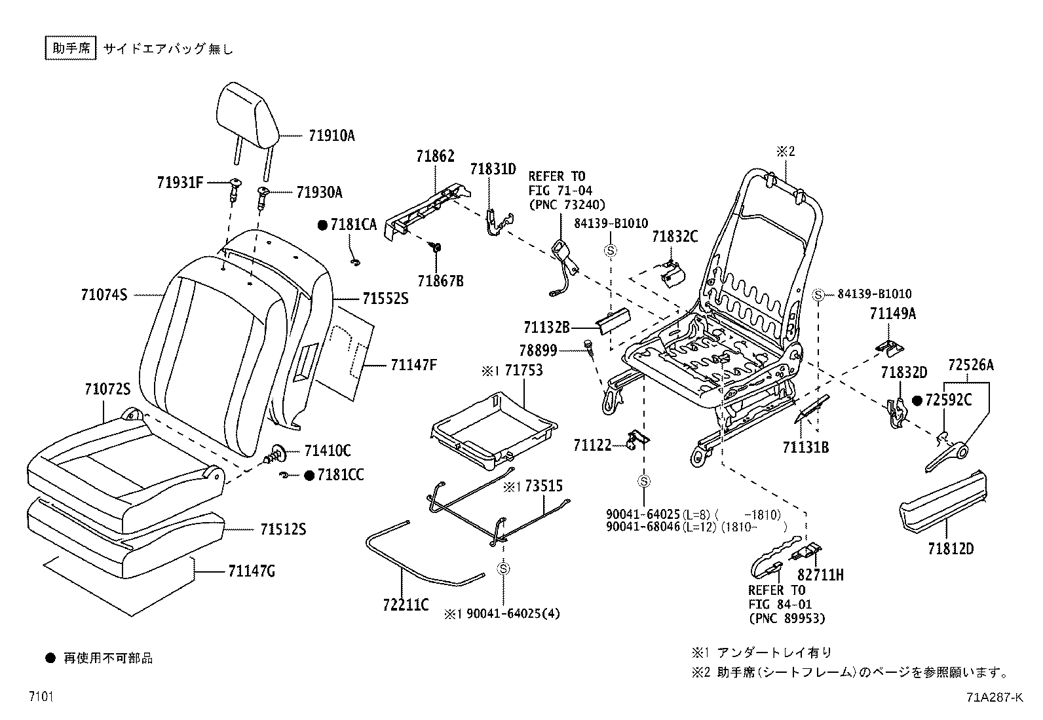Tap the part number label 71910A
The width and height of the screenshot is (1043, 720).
click(x=332, y=136)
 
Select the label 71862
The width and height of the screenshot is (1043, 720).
click(x=434, y=157)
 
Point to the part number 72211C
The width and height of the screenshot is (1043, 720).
click(x=406, y=605)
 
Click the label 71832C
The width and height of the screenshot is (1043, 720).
click(x=675, y=237)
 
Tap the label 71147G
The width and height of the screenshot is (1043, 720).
click(x=252, y=572)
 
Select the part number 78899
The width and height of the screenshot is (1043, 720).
click(x=538, y=351)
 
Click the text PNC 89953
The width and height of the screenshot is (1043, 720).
click(x=787, y=618)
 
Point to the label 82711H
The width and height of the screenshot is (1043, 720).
click(x=820, y=575)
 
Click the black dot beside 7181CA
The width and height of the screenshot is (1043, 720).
click(x=322, y=225)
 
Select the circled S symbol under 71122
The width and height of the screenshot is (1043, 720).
click(x=644, y=482)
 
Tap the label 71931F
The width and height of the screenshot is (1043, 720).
click(x=180, y=181)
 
